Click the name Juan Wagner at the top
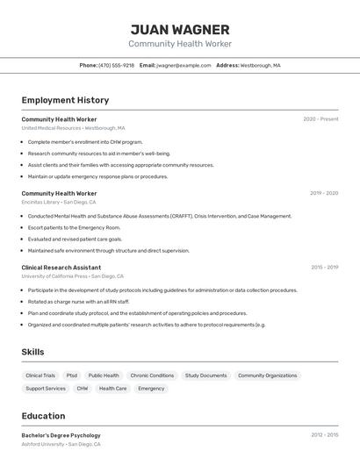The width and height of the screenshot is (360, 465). pyautogui.click(x=180, y=30)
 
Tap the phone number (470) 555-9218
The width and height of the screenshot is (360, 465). pyautogui.click(x=117, y=65)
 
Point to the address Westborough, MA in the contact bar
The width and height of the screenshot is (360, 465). pyautogui.click(x=260, y=65)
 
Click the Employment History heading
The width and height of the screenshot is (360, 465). pyautogui.click(x=65, y=101)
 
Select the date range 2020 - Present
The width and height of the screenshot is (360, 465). pyautogui.click(x=320, y=119)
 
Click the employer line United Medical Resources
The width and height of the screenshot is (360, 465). pyautogui.click(x=73, y=128)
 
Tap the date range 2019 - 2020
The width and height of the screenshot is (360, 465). pyautogui.click(x=324, y=193)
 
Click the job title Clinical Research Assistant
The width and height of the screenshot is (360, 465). pyautogui.click(x=61, y=268)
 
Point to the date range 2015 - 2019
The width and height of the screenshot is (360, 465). pyautogui.click(x=324, y=268)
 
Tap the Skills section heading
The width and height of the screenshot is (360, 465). pyautogui.click(x=33, y=352)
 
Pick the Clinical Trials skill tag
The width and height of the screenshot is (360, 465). pyautogui.click(x=40, y=376)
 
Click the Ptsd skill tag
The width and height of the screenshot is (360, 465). pyautogui.click(x=72, y=376)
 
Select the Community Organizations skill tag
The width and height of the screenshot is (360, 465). pyautogui.click(x=268, y=376)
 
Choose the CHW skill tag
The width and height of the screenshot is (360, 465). pyautogui.click(x=83, y=388)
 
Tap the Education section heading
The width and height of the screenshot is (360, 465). pyautogui.click(x=44, y=416)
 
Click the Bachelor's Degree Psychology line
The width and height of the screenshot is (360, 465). pyautogui.click(x=61, y=435)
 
